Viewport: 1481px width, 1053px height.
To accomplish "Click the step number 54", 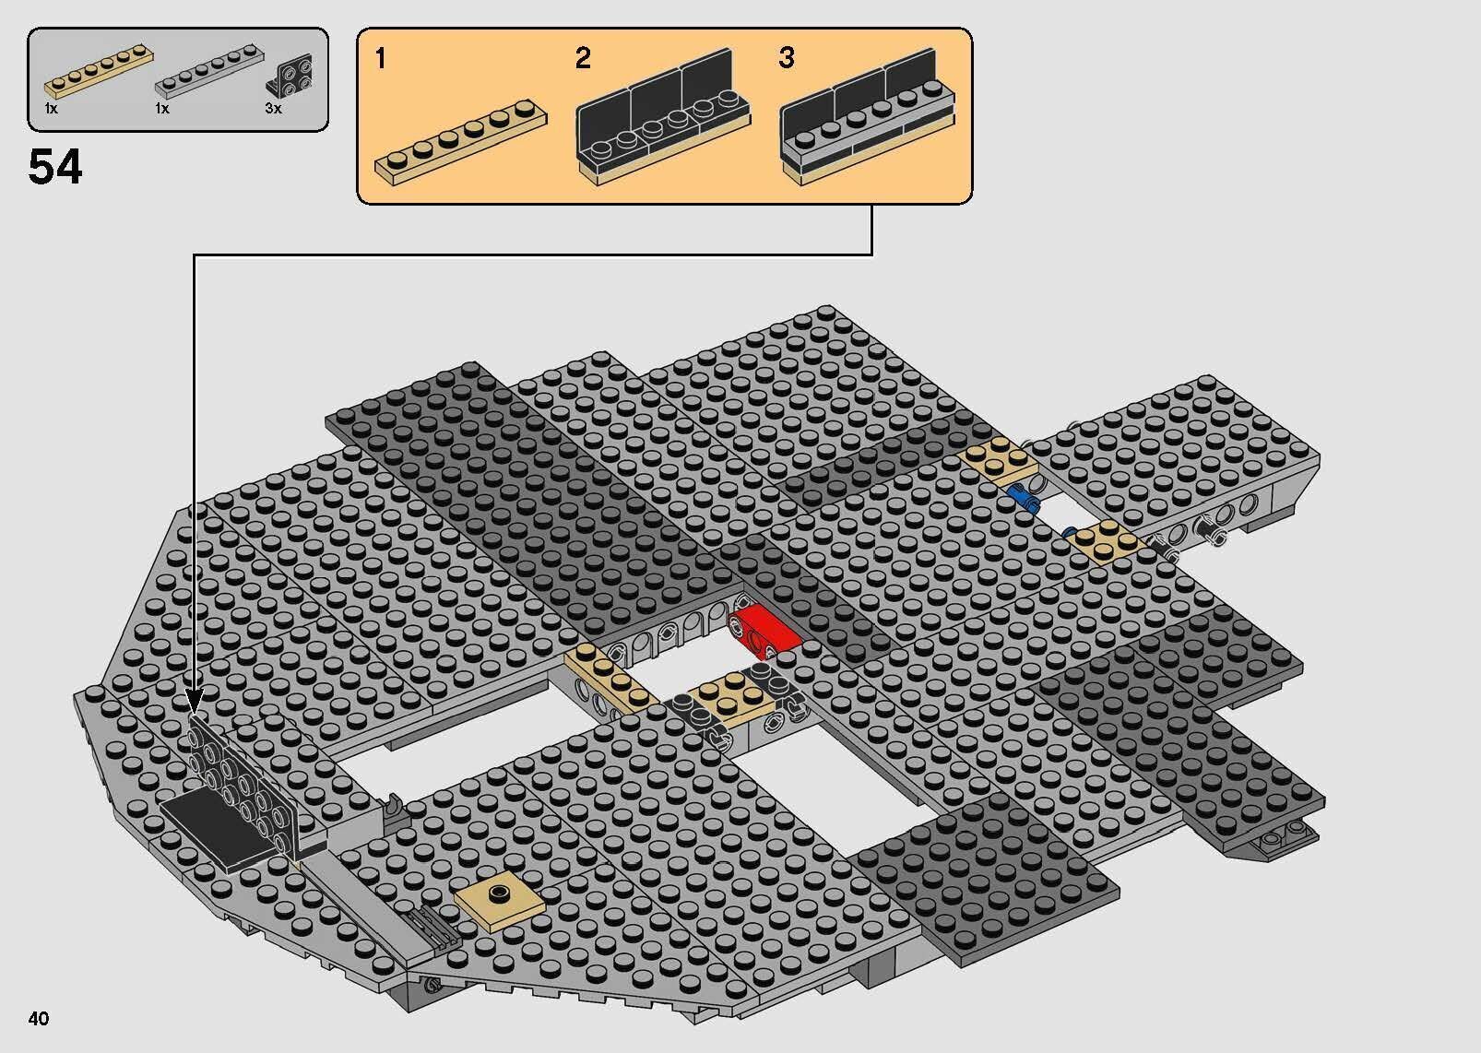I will [x=55, y=168].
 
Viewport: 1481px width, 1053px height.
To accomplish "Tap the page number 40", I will [x=39, y=1018].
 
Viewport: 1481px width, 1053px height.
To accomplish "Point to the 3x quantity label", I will [x=273, y=109].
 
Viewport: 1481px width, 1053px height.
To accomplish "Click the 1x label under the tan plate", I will [x=52, y=109].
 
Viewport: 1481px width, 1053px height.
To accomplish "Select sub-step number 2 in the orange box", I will [x=583, y=59].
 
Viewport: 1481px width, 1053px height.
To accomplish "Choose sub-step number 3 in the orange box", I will [x=786, y=59].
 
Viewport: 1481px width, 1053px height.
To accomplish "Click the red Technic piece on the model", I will [x=764, y=629].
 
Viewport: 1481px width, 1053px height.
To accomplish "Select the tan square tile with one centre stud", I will [x=499, y=893].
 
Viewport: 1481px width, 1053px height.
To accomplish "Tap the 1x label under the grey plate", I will [x=162, y=109].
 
